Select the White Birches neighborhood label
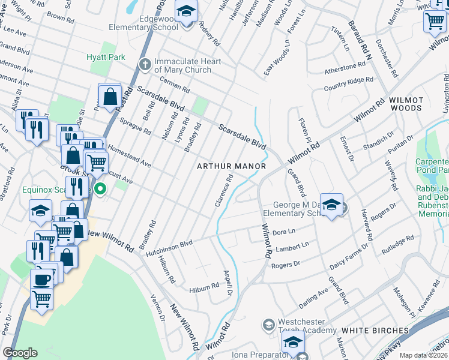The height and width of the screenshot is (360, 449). coord(375,331)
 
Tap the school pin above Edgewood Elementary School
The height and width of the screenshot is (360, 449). coord(186,11)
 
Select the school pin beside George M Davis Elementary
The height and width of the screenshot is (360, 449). coord(331,205)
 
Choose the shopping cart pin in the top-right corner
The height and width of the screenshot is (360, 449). coord(435,21)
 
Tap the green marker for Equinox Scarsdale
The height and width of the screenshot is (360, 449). coord(100,190)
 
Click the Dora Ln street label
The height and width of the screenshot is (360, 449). coord(285,232)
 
